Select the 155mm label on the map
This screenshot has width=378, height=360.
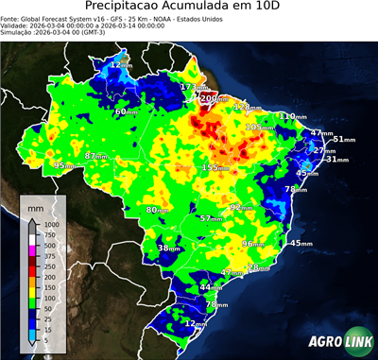point(213,167)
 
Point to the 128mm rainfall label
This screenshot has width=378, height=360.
point(244,108)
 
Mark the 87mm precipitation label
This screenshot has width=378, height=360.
point(97,156)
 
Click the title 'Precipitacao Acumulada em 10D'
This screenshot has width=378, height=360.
point(189,9)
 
